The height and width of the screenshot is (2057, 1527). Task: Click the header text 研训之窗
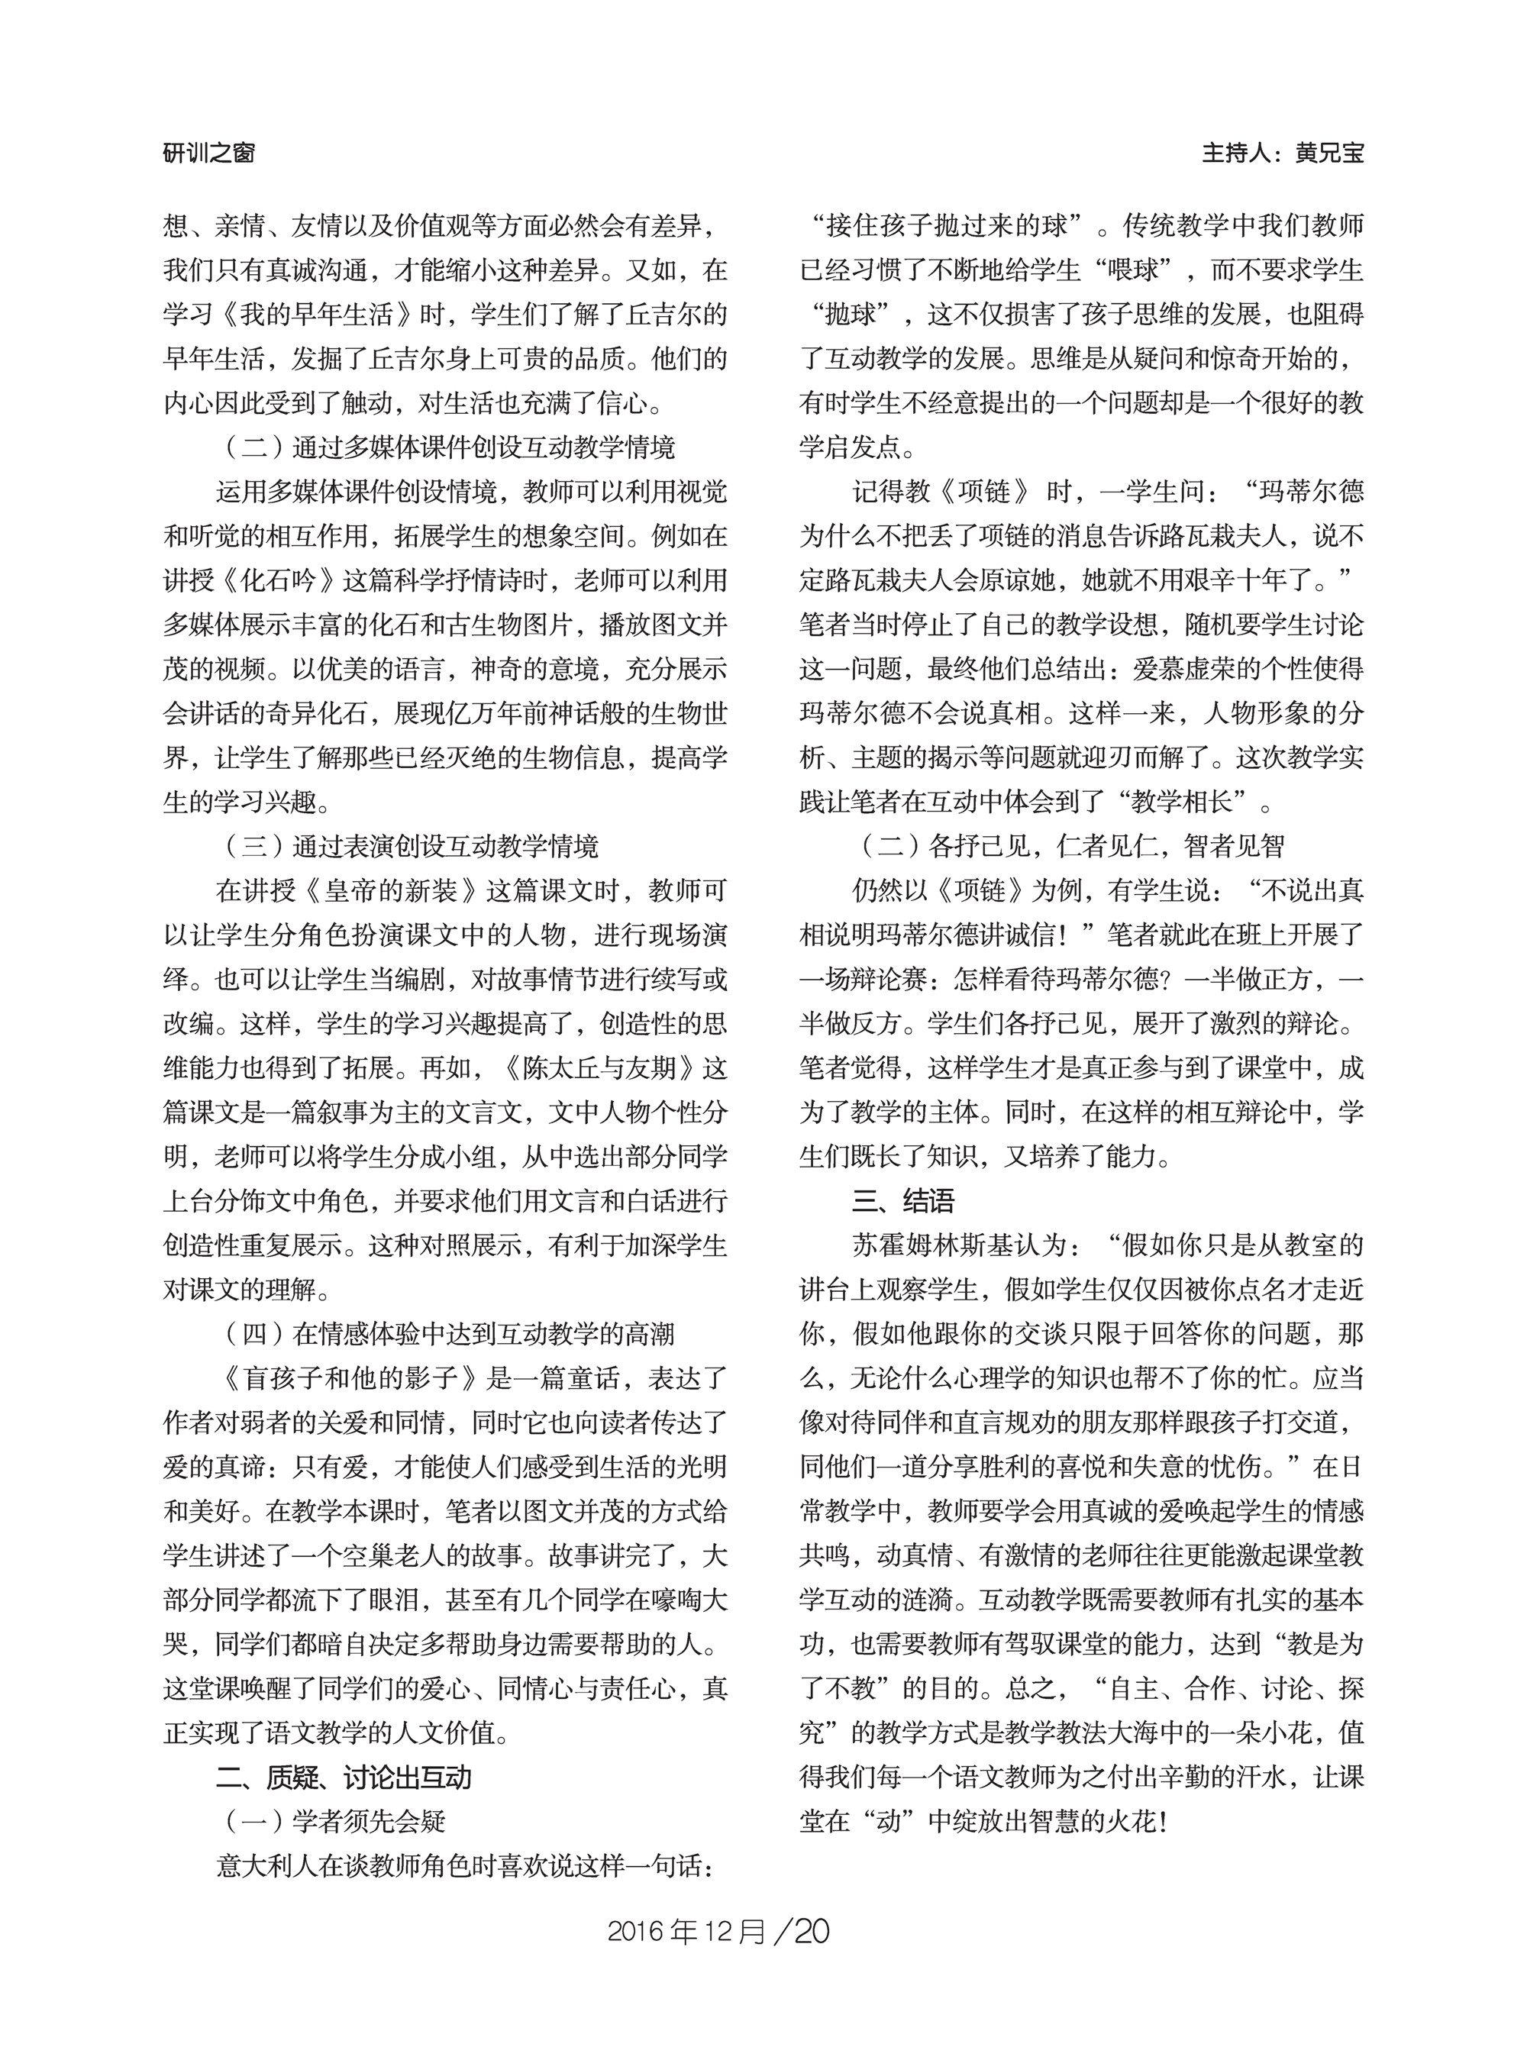209,153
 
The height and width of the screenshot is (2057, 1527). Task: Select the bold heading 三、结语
903,1201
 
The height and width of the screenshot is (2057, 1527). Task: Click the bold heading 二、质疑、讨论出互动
344,1777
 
